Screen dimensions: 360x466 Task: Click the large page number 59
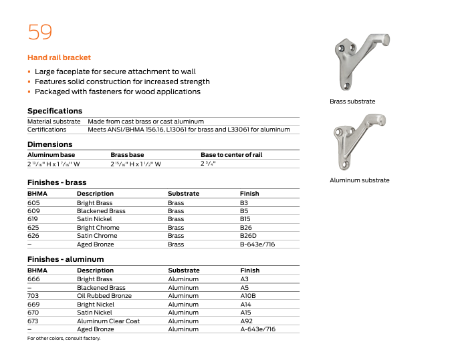(x=39, y=31)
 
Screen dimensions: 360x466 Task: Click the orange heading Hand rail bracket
(x=59, y=58)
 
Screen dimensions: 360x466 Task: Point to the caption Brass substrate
(x=352, y=102)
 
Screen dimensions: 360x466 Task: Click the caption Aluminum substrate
(x=359, y=180)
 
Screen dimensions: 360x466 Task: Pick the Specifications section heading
(x=55, y=111)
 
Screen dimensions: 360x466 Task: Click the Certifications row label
(x=47, y=130)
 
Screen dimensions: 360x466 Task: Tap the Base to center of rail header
(x=231, y=155)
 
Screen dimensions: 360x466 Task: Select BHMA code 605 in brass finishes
(x=33, y=202)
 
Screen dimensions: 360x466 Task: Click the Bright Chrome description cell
(x=98, y=228)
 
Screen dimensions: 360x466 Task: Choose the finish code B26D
(x=247, y=236)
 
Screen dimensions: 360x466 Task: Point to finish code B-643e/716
(x=257, y=244)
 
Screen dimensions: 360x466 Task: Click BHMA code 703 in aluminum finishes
(x=33, y=296)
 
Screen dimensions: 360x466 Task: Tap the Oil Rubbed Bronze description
(x=104, y=296)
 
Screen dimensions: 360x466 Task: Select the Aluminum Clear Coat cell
(x=108, y=321)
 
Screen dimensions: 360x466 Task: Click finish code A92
(x=247, y=321)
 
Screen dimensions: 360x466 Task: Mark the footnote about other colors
(x=64, y=339)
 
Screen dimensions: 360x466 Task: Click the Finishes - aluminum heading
(x=66, y=259)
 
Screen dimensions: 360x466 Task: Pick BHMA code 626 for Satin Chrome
(x=33, y=236)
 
